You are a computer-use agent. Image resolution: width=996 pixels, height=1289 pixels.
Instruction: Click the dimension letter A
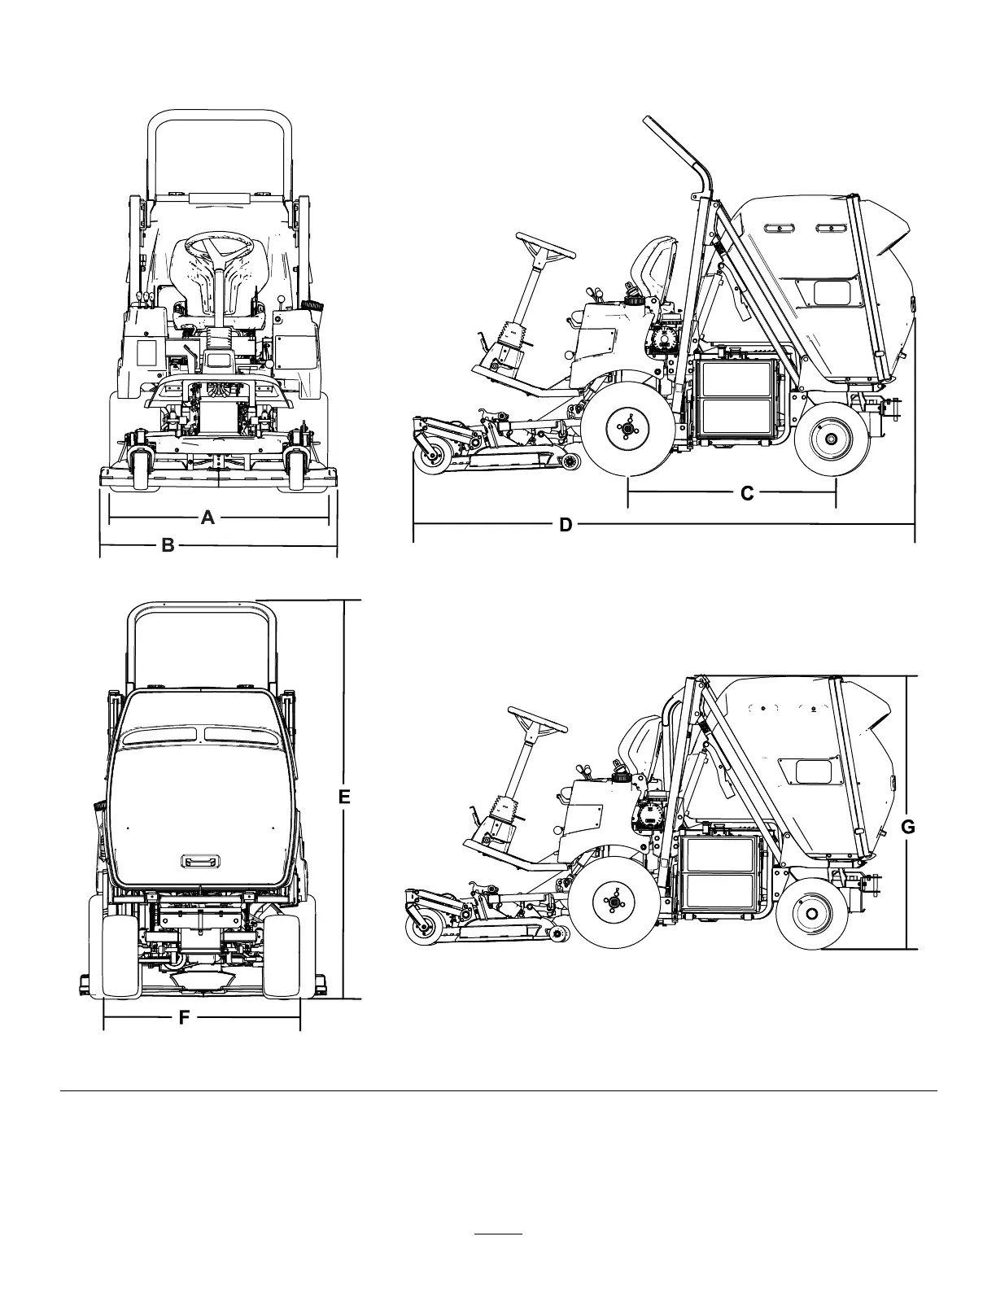point(207,517)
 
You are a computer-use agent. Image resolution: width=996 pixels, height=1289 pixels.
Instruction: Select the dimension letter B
point(168,545)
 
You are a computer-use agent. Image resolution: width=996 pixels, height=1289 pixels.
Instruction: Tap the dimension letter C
point(747,493)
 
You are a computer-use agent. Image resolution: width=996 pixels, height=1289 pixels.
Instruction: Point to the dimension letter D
point(566,525)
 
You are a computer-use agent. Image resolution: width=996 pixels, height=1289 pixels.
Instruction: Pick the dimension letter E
point(344,798)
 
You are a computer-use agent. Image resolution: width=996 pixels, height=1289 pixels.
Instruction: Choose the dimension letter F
point(184,1017)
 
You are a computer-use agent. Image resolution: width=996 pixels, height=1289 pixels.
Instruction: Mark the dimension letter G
point(908,828)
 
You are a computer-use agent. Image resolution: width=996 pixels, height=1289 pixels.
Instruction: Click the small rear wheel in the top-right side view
point(828,438)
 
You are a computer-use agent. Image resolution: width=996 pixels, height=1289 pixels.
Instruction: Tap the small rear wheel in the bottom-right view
point(811,914)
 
